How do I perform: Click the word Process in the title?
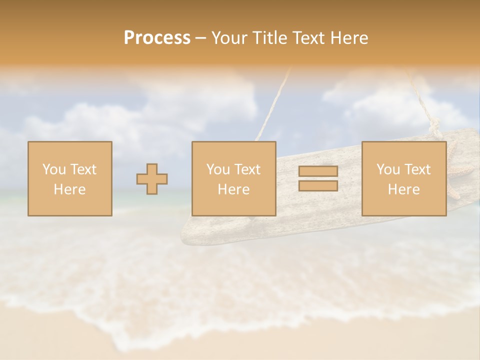(x=157, y=38)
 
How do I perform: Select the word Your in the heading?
(x=230, y=38)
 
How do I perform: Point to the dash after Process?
(x=201, y=38)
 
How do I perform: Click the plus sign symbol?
(x=152, y=179)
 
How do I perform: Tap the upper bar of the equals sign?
(x=318, y=171)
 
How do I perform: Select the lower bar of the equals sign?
(x=318, y=185)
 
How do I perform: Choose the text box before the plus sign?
(x=70, y=178)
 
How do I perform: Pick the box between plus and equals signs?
(x=233, y=178)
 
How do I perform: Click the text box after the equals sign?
(x=403, y=178)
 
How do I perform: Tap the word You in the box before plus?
(x=54, y=169)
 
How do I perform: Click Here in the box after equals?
(x=403, y=189)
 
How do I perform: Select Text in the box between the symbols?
(x=247, y=169)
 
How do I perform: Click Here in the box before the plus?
(x=70, y=189)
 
